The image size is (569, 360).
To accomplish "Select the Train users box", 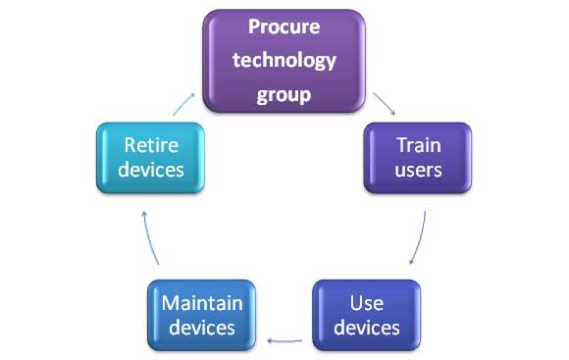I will (x=418, y=158).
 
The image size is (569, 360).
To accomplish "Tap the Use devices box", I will (x=366, y=315).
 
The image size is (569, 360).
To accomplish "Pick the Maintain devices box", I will (x=202, y=315).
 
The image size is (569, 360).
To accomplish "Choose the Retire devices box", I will (x=153, y=158).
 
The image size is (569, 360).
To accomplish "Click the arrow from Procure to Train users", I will (x=384, y=103).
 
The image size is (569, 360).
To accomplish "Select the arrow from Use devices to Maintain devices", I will (x=284, y=341).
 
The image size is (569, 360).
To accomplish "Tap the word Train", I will (x=418, y=145).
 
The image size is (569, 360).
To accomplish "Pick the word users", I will (x=418, y=171).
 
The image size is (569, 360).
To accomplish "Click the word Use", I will (x=366, y=302).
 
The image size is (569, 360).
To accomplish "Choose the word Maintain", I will (x=202, y=302).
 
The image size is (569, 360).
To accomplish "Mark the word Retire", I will (x=153, y=145).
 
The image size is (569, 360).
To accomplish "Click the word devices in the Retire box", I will (x=153, y=171).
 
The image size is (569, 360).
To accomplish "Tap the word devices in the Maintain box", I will (x=202, y=328).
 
